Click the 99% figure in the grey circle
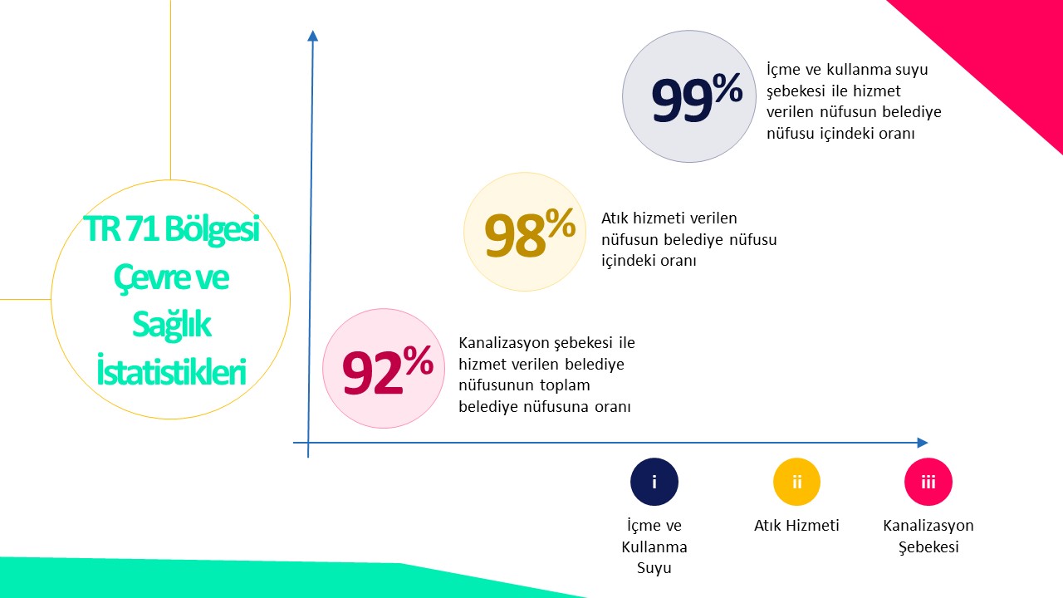click(x=697, y=97)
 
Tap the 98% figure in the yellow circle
click(x=530, y=233)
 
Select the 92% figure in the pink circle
click(x=387, y=370)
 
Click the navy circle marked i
click(x=654, y=482)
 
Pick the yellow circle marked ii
click(x=796, y=482)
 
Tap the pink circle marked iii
click(x=928, y=482)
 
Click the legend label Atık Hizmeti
click(x=796, y=526)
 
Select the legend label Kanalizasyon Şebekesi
click(x=928, y=537)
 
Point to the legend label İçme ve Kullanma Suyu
click(x=654, y=546)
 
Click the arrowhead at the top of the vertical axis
click(x=313, y=36)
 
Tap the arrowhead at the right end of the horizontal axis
click(x=922, y=443)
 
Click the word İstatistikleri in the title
click(x=171, y=371)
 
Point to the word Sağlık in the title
click(x=171, y=325)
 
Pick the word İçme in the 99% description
click(x=783, y=70)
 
